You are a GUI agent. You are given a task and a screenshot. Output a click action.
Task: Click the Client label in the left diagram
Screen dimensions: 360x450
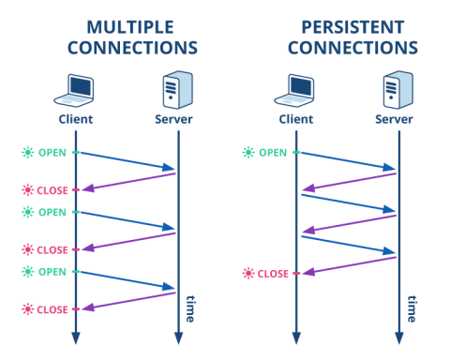76,120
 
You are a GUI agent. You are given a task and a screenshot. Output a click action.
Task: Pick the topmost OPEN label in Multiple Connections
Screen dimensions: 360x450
50,152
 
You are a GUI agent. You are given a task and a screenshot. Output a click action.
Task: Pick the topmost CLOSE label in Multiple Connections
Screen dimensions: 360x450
50,189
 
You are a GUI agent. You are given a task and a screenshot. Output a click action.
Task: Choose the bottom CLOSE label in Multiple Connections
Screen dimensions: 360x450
50,309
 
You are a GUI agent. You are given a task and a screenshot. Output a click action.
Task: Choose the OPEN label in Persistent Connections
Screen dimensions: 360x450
270,152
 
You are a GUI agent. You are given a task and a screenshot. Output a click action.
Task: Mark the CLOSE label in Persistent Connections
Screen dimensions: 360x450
270,274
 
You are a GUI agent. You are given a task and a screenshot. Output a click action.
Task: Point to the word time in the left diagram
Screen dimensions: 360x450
190,307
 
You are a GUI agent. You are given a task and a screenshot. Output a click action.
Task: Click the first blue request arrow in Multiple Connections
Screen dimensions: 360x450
126,160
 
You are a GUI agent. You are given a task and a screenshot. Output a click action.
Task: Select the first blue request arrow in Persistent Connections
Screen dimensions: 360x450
346,160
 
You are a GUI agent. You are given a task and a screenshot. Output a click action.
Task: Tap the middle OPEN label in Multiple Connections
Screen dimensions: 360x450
50,212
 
